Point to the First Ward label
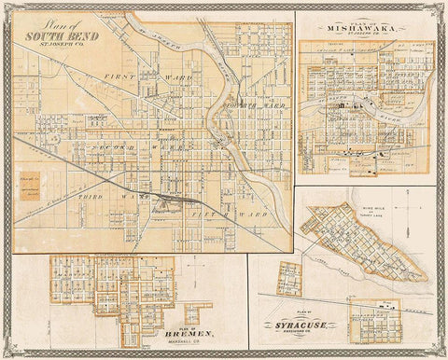(x=121, y=74)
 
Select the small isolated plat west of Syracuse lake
(x=289, y=279)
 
